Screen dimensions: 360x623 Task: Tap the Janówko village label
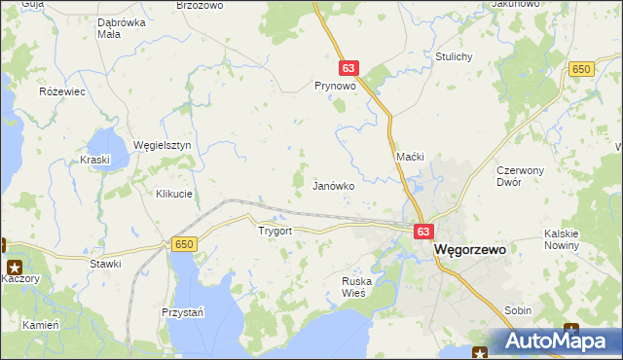[332, 185]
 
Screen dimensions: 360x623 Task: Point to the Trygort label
[275, 232]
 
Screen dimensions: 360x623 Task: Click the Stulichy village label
[455, 56]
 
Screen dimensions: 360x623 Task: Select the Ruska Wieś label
[357, 287]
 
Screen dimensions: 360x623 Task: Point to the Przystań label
[182, 312]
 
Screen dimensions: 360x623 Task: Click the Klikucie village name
[174, 194]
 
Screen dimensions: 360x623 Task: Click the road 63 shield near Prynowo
[349, 68]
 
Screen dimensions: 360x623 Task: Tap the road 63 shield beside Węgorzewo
[422, 232]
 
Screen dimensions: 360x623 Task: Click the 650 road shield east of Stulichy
[582, 68]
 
